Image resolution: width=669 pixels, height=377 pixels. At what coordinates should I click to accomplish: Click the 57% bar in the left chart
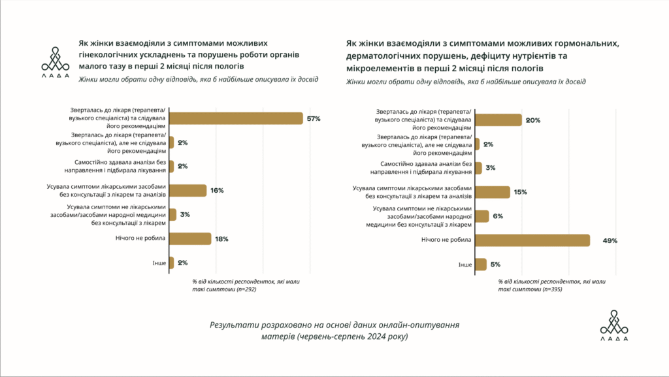point(235,118)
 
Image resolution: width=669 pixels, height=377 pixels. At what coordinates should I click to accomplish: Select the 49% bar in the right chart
point(532,240)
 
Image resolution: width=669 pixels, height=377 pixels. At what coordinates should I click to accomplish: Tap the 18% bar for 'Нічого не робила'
point(189,238)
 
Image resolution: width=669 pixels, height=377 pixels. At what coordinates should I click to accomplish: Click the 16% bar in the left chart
point(188,191)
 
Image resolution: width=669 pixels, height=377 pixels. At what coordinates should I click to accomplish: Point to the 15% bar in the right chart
point(492,192)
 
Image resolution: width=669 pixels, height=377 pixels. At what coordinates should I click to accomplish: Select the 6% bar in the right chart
point(481,216)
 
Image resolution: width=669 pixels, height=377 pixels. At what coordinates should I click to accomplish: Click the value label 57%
point(314,118)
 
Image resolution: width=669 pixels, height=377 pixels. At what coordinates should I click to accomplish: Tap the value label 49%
point(610,240)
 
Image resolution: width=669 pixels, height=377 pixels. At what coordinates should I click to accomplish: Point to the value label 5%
point(497,265)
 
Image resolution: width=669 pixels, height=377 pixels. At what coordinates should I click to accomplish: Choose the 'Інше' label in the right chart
point(465,265)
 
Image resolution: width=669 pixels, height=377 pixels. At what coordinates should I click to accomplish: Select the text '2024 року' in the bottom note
point(386,336)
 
